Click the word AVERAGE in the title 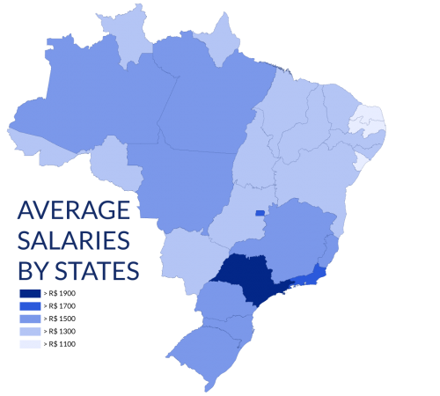[74, 210]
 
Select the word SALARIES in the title [74, 241]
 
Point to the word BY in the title [34, 272]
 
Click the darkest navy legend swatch [30, 293]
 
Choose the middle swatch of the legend [30, 319]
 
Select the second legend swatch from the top [30, 305]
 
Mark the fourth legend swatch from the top [30, 331]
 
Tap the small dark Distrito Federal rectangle [260, 212]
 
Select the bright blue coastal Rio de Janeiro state [312, 281]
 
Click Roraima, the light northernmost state [125, 35]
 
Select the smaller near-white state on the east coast [361, 161]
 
